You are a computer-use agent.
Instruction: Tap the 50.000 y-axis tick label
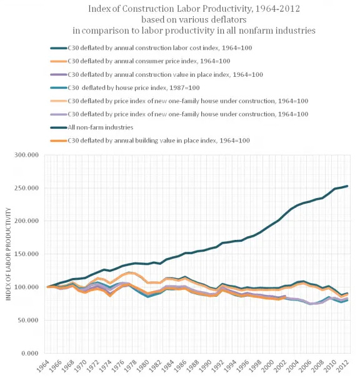pyautogui.click(x=31, y=321)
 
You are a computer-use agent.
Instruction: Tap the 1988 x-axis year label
pyautogui.click(x=197, y=364)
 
